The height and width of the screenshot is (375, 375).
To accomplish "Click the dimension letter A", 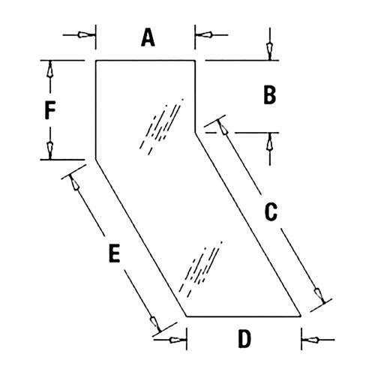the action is (x=148, y=37).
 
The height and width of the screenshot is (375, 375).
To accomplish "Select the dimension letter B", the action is (x=270, y=95).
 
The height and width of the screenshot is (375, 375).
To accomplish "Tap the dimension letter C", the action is (x=271, y=212).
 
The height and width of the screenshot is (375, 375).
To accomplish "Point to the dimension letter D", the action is (x=244, y=339).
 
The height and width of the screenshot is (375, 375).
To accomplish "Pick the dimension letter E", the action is (x=115, y=253).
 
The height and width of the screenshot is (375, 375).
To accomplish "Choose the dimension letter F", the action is (x=50, y=110).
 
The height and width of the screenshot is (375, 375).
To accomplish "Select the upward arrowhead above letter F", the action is (x=50, y=69).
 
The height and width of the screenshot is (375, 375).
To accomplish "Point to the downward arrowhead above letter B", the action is (x=269, y=52).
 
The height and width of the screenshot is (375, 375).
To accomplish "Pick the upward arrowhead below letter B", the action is (x=269, y=141).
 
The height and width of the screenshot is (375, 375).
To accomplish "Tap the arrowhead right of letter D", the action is (x=310, y=340).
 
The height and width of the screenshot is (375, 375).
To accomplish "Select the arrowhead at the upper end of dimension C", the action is (x=223, y=127).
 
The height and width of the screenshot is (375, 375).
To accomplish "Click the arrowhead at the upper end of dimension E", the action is (x=75, y=182).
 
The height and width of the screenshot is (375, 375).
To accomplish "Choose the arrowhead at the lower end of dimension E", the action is (x=154, y=324).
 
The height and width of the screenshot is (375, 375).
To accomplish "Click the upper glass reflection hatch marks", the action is (x=161, y=127).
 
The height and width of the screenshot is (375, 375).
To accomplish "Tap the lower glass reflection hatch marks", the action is (x=200, y=269).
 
